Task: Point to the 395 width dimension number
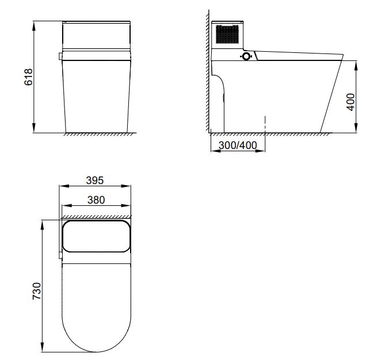click(x=94, y=180)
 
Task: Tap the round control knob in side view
click(x=247, y=56)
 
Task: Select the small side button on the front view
click(x=60, y=56)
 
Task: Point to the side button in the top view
click(x=59, y=253)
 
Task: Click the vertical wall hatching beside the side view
click(x=207, y=69)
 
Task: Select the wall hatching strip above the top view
click(x=96, y=217)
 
